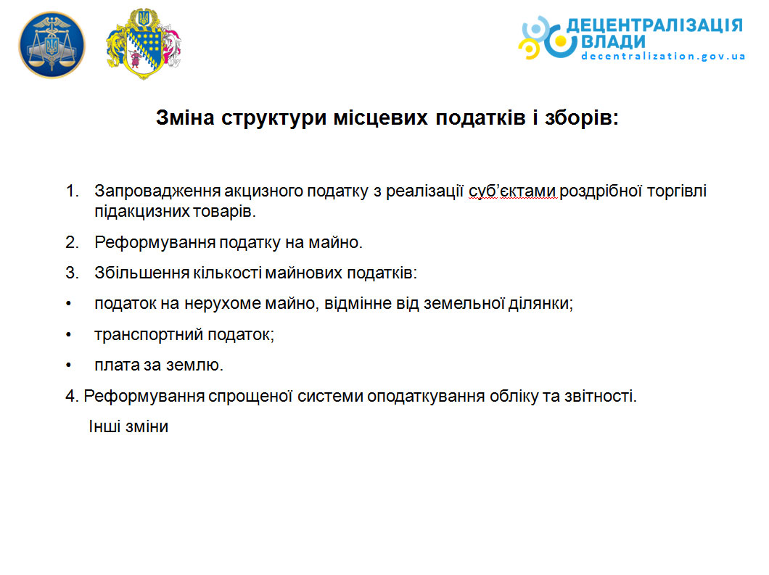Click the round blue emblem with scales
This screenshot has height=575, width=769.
tap(52, 45)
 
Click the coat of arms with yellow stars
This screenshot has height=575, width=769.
tap(143, 44)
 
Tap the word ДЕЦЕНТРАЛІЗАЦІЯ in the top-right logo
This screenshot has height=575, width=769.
tap(654, 25)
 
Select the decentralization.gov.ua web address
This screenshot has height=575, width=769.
tap(663, 57)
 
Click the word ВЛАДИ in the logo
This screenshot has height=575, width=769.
tap(613, 42)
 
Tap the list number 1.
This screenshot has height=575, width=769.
tap(72, 191)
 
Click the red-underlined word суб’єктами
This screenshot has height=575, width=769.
tap(512, 191)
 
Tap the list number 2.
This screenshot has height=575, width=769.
tap(72, 242)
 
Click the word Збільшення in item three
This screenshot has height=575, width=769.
tap(141, 273)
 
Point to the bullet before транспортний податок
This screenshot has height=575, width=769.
tap(69, 335)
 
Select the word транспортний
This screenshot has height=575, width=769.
tap(149, 335)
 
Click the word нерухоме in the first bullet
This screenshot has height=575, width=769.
tap(223, 304)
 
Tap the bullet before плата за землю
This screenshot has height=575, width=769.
tap(69, 365)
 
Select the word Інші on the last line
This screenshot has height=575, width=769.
tap(104, 426)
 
